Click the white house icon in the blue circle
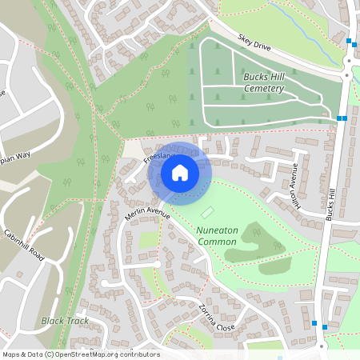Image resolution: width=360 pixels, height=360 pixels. click(x=180, y=172)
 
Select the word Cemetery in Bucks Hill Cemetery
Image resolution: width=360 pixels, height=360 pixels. click(x=263, y=89)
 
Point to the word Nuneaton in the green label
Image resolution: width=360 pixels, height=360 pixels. click(x=217, y=230)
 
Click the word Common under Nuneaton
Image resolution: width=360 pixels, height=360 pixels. click(x=217, y=241)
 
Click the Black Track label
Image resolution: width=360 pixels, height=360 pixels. click(x=66, y=321)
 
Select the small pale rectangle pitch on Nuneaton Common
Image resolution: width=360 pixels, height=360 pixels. click(x=208, y=212)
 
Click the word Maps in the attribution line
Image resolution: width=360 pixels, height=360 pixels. click(x=11, y=354)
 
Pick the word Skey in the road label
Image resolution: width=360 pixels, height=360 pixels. click(x=245, y=39)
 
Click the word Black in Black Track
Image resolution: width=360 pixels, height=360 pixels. click(x=54, y=321)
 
